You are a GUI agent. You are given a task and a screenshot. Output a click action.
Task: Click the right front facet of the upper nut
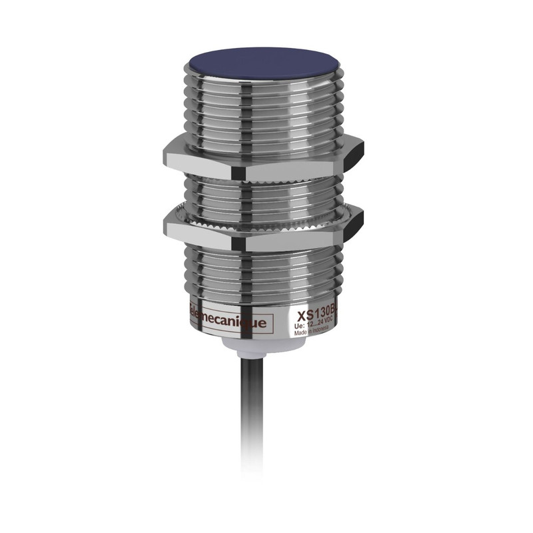[293, 167]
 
